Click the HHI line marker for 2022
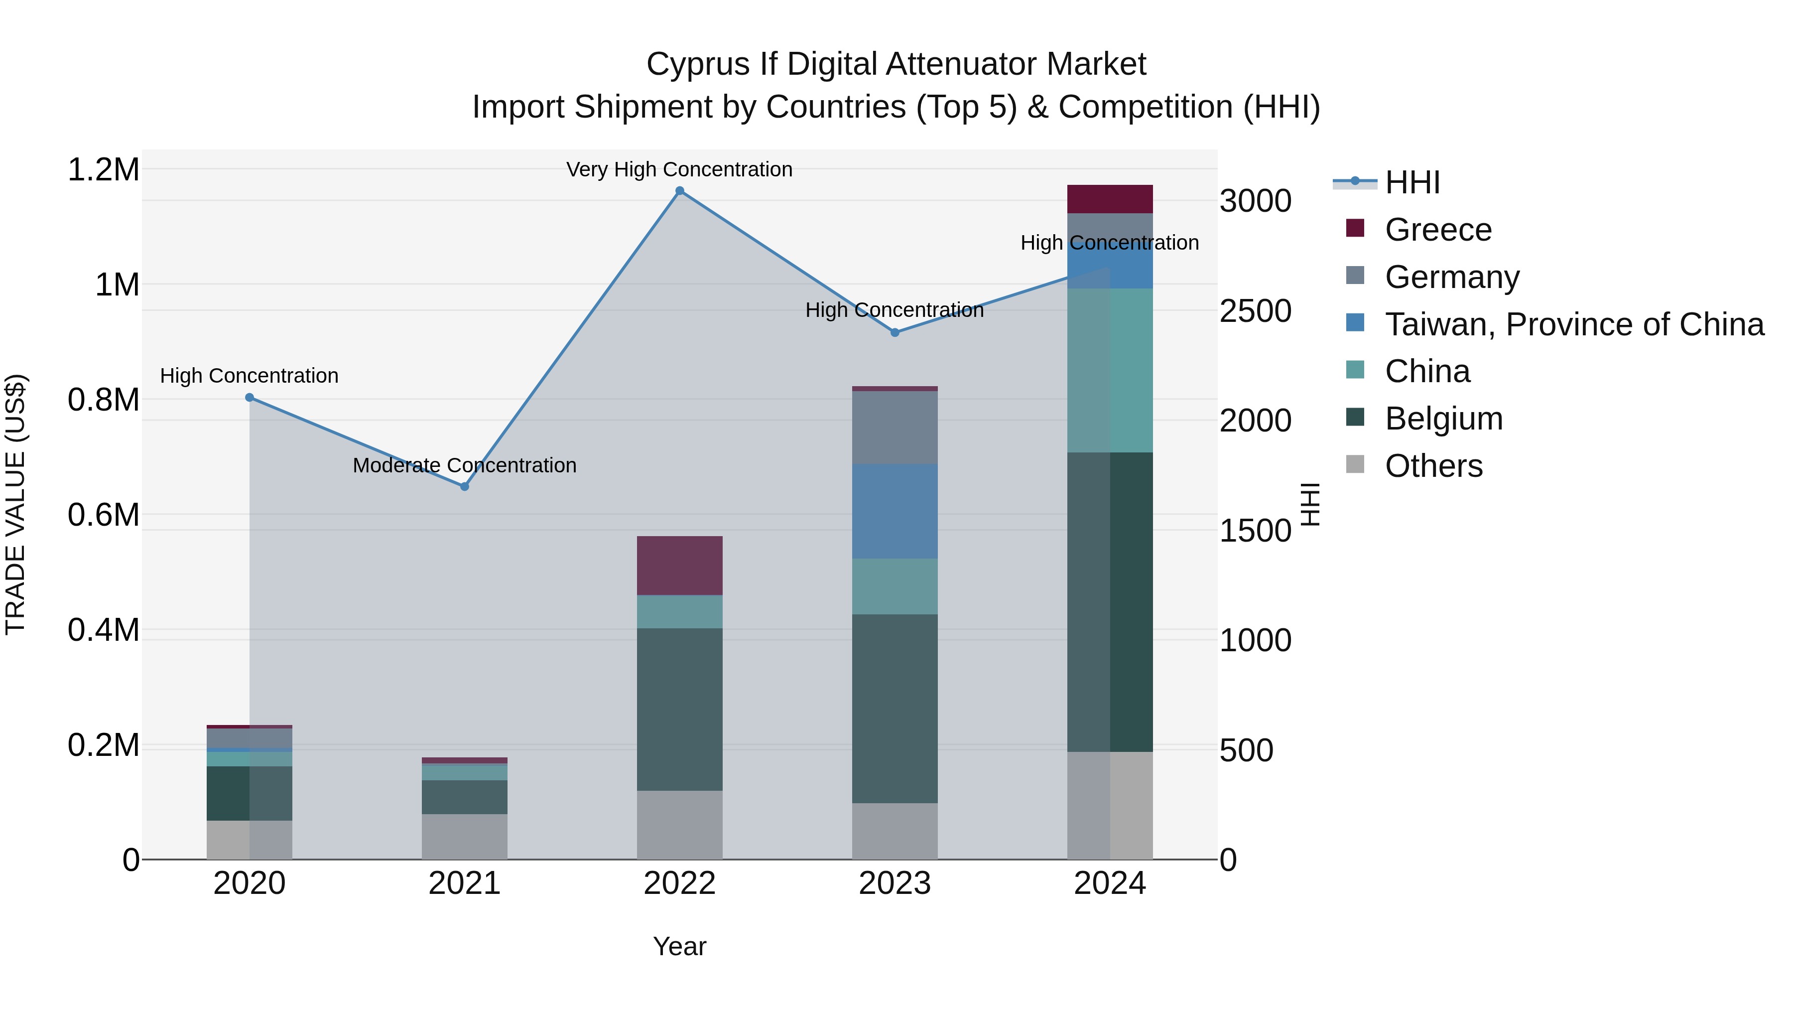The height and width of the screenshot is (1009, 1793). click(x=679, y=191)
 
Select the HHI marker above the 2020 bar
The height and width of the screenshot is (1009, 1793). click(x=249, y=398)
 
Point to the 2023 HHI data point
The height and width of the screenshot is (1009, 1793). click(x=895, y=333)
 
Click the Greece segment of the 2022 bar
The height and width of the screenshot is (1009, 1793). click(x=679, y=566)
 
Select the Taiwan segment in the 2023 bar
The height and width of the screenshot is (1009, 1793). click(x=895, y=511)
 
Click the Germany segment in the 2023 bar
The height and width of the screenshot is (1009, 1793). click(x=895, y=428)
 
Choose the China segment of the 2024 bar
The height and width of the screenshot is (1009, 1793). click(x=1110, y=370)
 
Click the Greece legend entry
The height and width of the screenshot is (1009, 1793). click(x=1437, y=230)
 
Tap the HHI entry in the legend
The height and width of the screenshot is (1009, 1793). click(x=1411, y=182)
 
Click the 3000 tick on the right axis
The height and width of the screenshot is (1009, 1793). click(x=1255, y=201)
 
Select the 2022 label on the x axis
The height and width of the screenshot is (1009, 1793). click(x=679, y=883)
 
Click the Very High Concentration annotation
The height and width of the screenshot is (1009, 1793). click(x=679, y=169)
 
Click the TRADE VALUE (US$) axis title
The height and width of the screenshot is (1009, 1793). click(x=15, y=504)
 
